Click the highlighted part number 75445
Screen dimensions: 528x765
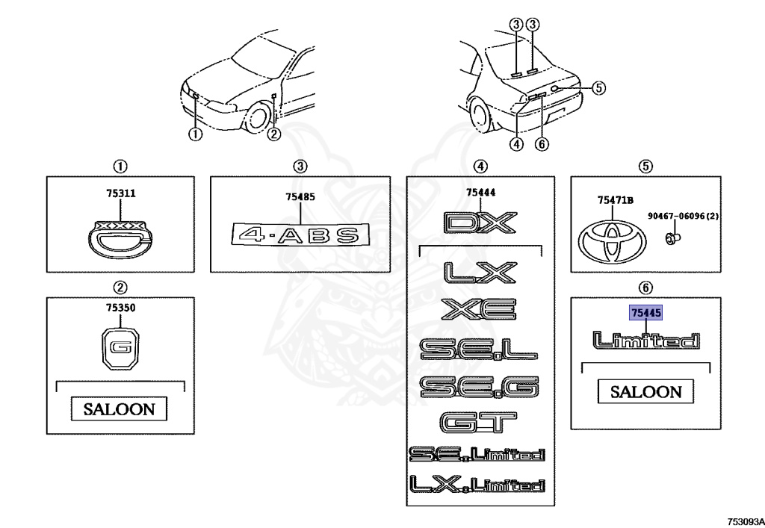tap(645, 314)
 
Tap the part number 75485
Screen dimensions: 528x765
tap(300, 198)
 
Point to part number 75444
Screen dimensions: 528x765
tap(480, 193)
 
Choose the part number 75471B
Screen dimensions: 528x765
tap(615, 199)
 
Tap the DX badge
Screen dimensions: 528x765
tap(480, 223)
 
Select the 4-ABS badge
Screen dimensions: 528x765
tap(300, 235)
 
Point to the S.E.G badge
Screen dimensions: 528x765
tap(478, 386)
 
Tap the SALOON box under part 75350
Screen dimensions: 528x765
tap(119, 409)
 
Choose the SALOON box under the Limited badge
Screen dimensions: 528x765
tap(645, 391)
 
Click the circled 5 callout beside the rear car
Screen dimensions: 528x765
tap(598, 87)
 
